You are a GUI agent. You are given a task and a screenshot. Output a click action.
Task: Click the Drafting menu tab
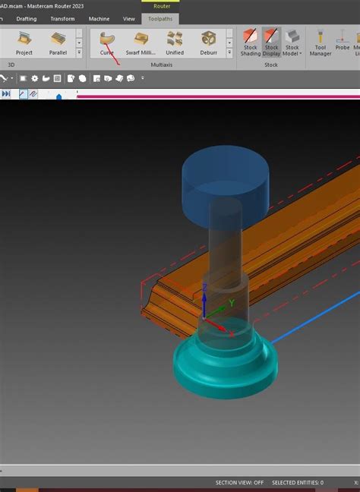pos(26,18)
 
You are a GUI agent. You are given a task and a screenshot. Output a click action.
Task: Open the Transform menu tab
pos(62,18)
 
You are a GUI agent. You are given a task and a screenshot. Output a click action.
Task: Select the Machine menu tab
pos(99,18)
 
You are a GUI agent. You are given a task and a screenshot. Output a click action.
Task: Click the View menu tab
pos(129,18)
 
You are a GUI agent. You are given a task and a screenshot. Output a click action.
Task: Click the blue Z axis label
pos(205,287)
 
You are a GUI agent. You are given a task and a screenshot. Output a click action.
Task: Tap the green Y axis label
pos(232,303)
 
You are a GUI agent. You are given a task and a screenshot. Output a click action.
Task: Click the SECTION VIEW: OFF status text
pos(239,482)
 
